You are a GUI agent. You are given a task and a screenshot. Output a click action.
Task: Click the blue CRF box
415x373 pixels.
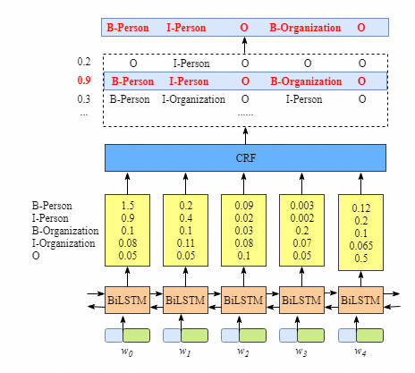click(245, 157)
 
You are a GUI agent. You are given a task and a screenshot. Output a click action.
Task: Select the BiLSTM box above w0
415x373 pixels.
click(127, 300)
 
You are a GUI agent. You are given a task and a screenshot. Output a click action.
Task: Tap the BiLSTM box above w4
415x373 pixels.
click(360, 300)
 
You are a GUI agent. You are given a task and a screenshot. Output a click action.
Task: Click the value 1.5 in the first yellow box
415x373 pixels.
click(128, 206)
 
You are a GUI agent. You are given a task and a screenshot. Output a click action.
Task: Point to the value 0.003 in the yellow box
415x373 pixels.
click(302, 206)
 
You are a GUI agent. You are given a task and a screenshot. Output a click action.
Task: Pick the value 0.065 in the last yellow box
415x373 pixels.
click(361, 246)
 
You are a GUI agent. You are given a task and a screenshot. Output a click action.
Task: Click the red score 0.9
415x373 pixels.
click(84, 81)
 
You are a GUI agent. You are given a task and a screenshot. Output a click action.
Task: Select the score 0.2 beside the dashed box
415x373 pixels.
click(84, 62)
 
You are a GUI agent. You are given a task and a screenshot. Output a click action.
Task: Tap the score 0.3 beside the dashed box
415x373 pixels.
click(84, 99)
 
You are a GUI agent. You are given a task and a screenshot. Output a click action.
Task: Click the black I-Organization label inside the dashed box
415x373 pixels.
click(193, 99)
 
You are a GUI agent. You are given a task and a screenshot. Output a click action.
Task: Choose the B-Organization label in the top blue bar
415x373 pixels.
click(305, 28)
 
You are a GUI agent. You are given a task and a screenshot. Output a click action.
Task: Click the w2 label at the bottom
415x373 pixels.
click(243, 352)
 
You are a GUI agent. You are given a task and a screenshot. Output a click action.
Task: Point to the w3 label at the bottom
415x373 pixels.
click(301, 352)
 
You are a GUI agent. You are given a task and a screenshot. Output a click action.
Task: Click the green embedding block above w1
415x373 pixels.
click(194, 335)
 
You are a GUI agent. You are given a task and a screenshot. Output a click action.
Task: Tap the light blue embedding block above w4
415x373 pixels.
click(347, 335)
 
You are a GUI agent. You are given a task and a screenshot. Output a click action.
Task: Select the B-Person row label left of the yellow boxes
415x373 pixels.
click(52, 206)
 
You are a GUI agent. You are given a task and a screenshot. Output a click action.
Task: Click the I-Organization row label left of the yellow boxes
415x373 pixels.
click(64, 243)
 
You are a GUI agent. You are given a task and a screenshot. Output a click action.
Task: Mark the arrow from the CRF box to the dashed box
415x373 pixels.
click(245, 136)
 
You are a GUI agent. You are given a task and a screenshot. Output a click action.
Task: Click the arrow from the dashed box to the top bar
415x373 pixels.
click(244, 46)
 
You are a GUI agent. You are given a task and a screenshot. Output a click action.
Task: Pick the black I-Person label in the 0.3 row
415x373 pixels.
click(304, 99)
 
